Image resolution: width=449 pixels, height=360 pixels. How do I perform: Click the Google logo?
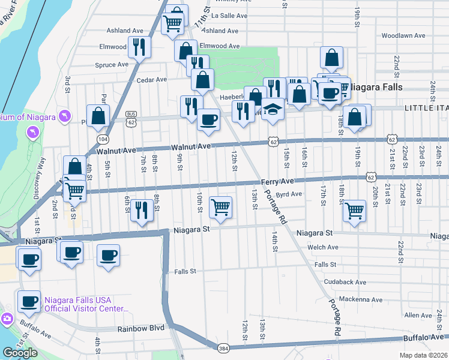click(x=20, y=352)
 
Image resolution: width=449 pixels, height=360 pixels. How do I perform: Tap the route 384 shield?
click(x=223, y=347)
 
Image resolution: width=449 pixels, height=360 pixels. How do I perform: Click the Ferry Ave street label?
click(x=277, y=181)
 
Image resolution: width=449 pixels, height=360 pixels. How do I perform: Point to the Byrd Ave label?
click(x=288, y=194)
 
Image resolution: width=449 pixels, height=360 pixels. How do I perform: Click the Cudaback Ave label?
click(x=344, y=281)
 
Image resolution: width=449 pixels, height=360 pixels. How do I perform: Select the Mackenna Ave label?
click(x=360, y=299)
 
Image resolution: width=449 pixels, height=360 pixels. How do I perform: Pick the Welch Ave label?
click(x=322, y=247)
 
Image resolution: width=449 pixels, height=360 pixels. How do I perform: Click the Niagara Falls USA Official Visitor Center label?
click(x=86, y=304)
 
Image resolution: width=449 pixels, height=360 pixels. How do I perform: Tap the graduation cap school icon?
click(x=273, y=110)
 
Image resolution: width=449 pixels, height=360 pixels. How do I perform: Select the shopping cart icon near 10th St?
click(x=221, y=207)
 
